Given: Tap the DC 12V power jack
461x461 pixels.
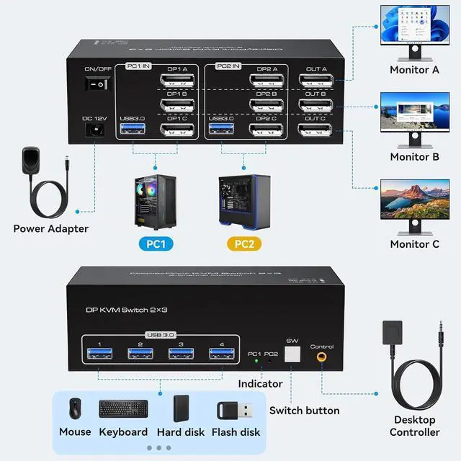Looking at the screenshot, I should [x=94, y=130].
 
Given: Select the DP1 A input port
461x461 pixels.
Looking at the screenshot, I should [x=176, y=80].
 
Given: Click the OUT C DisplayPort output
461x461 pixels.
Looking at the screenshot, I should [x=315, y=130].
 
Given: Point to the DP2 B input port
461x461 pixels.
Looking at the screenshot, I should [x=267, y=105].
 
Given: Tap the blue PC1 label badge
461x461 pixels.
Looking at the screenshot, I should [x=156, y=244].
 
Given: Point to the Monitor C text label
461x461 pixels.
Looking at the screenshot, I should [x=414, y=244].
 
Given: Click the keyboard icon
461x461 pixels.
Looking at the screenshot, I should [x=123, y=408].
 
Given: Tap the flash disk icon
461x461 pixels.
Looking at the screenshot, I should [x=236, y=411].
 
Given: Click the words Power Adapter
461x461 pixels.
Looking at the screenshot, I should [x=51, y=229].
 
